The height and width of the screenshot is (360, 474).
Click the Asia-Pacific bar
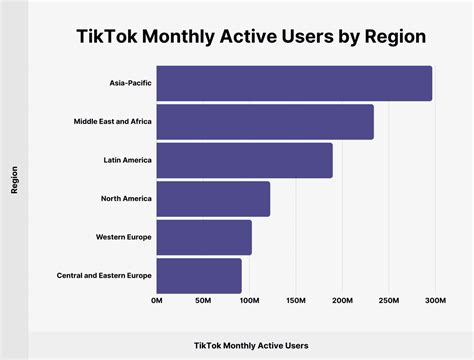click(294, 84)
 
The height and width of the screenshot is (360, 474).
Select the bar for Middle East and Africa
click(265, 122)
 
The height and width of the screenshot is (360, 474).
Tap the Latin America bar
click(244, 160)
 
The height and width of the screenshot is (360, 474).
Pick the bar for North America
click(213, 198)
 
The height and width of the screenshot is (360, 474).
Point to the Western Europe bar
click(204, 237)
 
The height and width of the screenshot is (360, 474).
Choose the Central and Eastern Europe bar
click(199, 275)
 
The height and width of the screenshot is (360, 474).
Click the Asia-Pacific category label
click(125, 84)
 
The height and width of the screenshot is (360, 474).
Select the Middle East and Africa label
click(105, 122)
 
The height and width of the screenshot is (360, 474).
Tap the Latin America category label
click(127, 160)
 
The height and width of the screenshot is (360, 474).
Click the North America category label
click(126, 198)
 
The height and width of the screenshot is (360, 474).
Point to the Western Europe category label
click(124, 237)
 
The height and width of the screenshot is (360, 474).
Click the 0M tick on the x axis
click(157, 300)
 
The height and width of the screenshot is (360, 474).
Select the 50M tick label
click(203, 300)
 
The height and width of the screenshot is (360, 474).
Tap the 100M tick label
click(249, 300)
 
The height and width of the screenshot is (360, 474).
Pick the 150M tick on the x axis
click(295, 300)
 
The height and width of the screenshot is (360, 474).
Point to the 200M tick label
click(341, 300)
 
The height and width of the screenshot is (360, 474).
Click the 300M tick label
click(433, 300)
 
